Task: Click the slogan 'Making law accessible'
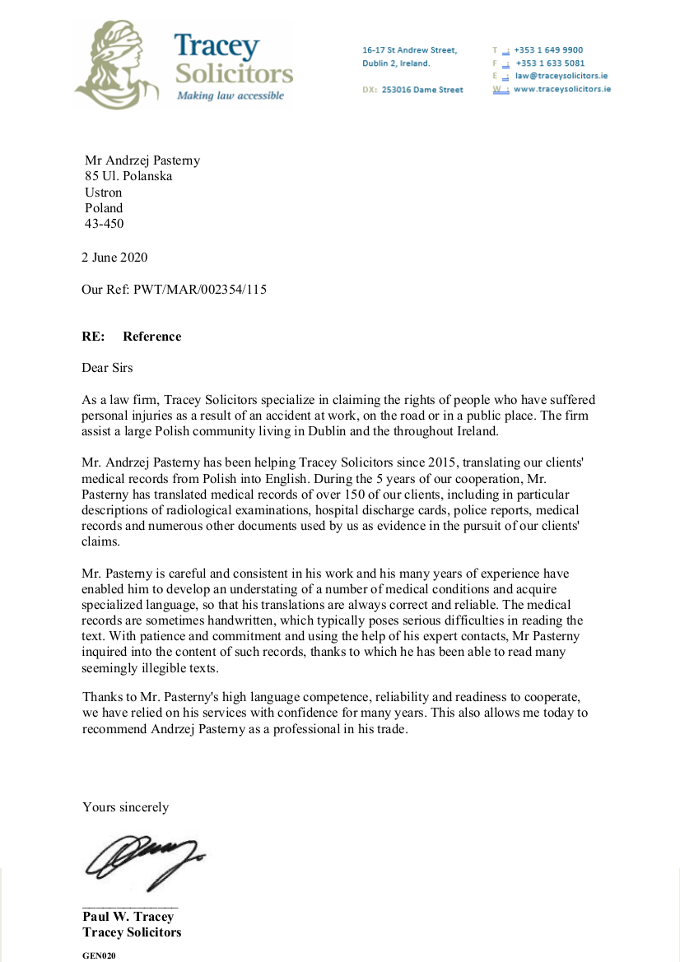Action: click(x=231, y=95)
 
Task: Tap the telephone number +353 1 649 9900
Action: click(x=548, y=50)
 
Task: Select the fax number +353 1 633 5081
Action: click(x=549, y=63)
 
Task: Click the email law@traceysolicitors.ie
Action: click(x=561, y=76)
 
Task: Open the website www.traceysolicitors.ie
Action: click(x=562, y=89)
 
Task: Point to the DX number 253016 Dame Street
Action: click(x=422, y=90)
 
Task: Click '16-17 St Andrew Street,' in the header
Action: click(x=409, y=50)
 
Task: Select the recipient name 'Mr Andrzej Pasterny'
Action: click(x=142, y=160)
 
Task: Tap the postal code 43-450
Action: click(x=105, y=223)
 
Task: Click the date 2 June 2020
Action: click(x=114, y=258)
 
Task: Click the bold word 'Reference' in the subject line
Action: click(x=151, y=337)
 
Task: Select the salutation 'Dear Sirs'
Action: click(x=107, y=368)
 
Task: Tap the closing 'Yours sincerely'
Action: click(x=125, y=807)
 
